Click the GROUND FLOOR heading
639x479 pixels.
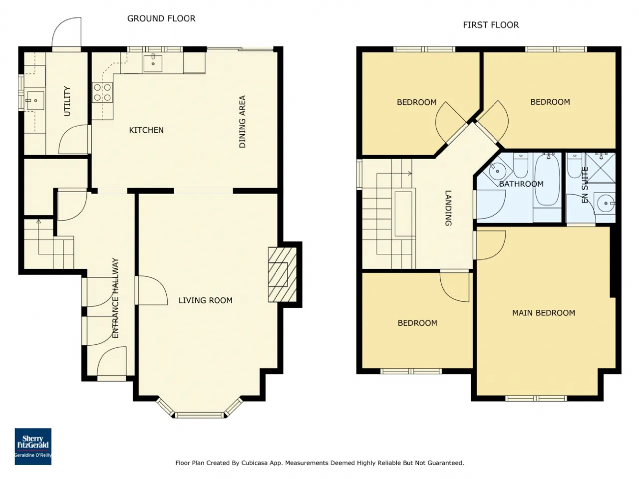pyautogui.click(x=161, y=18)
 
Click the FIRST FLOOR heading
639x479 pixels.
pyautogui.click(x=491, y=25)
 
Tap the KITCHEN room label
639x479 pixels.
pyautogui.click(x=146, y=130)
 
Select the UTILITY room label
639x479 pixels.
pyautogui.click(x=67, y=101)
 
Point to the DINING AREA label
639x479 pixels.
pyautogui.click(x=242, y=122)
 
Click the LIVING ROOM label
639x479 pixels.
pyautogui.click(x=206, y=300)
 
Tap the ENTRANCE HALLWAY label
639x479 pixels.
pyautogui.click(x=116, y=298)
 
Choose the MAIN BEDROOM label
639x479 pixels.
pyautogui.click(x=544, y=313)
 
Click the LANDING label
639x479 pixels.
pyautogui.click(x=448, y=208)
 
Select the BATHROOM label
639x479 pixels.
pyautogui.click(x=521, y=184)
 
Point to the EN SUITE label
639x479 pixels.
pyautogui.click(x=585, y=185)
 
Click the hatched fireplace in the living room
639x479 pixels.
pyautogui.click(x=282, y=274)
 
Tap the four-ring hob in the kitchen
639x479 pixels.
pyautogui.click(x=102, y=92)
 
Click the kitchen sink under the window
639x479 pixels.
pyautogui.click(x=153, y=63)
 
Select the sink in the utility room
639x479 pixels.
pyautogui.click(x=35, y=101)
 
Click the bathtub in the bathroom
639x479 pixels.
pyautogui.click(x=547, y=180)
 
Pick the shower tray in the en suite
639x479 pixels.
pyautogui.click(x=600, y=168)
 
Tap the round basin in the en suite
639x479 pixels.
pyautogui.click(x=606, y=203)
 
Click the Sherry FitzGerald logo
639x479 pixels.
pyautogui.click(x=33, y=447)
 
